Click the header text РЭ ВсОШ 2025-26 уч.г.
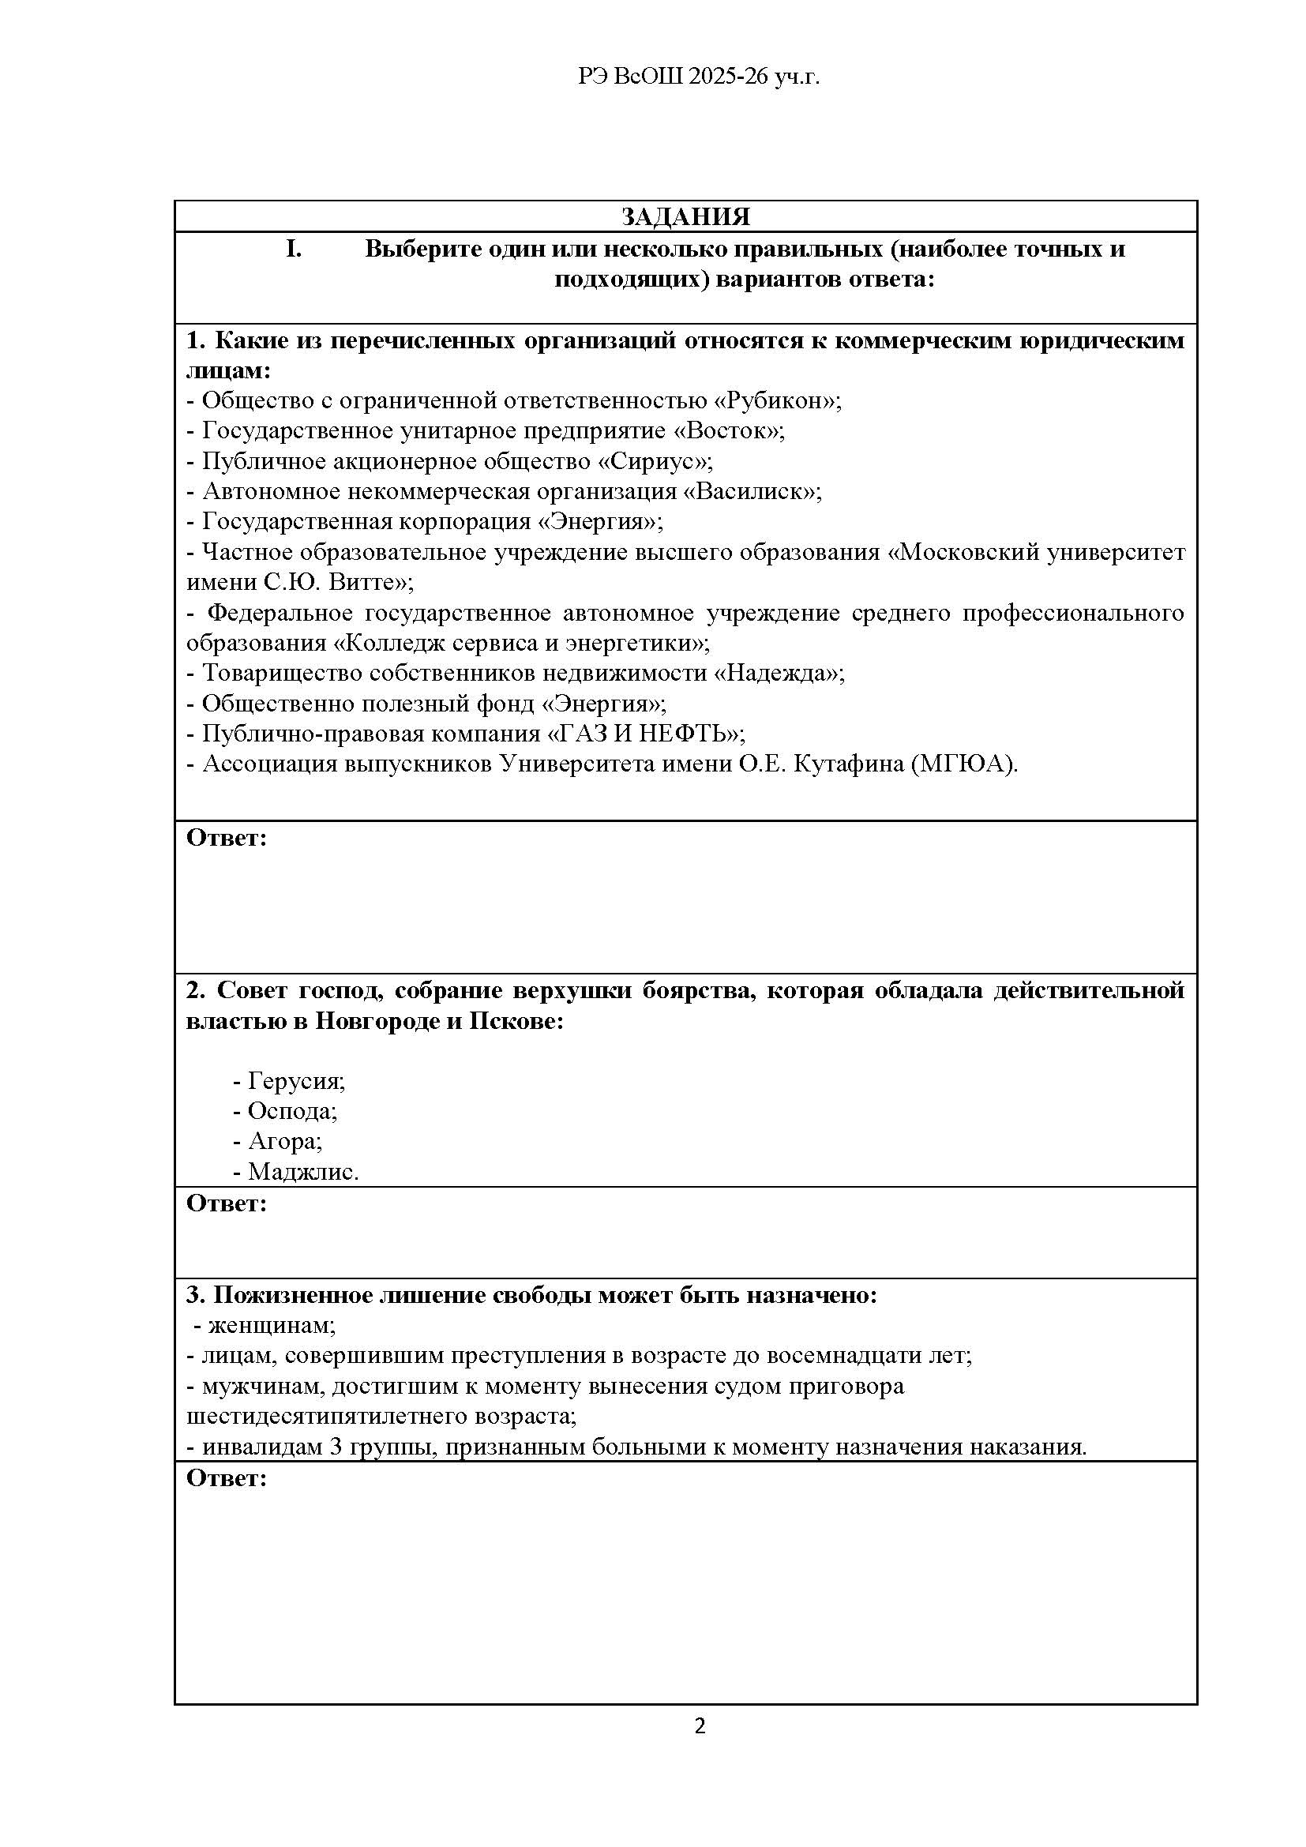coord(699,77)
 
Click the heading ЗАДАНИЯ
coord(685,216)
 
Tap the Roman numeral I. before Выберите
coord(294,250)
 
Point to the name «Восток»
coord(729,430)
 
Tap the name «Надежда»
coord(779,673)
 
